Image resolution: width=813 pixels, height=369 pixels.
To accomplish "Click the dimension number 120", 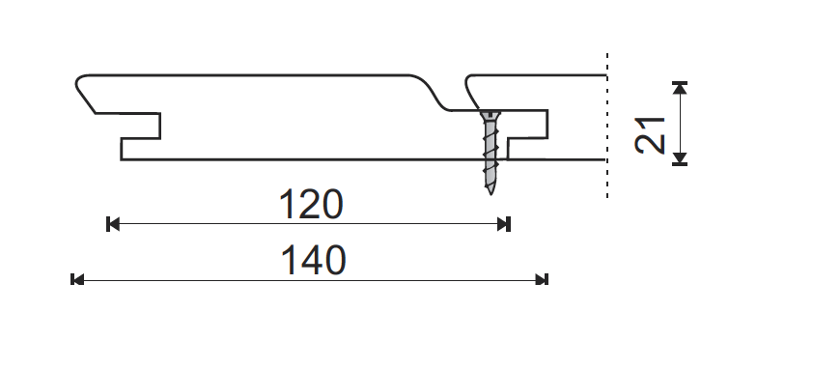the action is [311, 204].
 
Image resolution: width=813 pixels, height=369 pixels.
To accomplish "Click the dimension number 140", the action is [313, 261].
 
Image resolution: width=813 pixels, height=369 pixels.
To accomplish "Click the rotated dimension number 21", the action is [650, 136].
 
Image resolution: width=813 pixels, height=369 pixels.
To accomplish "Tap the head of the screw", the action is [490, 115].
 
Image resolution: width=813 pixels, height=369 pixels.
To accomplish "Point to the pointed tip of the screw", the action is [490, 192].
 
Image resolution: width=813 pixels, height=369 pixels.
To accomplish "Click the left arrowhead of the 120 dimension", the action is [113, 224].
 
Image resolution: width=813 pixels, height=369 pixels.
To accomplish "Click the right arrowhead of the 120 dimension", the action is [504, 224].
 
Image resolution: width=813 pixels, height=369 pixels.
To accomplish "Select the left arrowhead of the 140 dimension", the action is [76, 280].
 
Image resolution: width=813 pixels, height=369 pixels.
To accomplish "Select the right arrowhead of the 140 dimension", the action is [542, 280].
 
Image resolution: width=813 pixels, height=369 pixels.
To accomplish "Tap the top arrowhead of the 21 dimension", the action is [680, 88].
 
